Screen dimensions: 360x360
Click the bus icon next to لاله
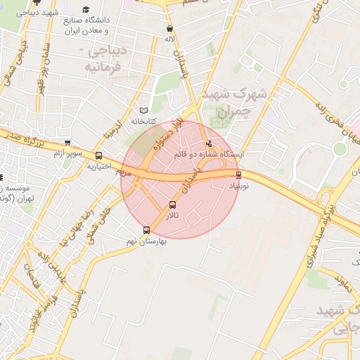[x=169, y=29]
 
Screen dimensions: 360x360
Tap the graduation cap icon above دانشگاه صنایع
[x=86, y=10]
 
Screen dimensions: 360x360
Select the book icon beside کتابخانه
[x=144, y=110]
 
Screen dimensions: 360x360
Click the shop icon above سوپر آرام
[x=67, y=143]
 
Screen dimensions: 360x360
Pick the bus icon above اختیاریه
[x=98, y=156]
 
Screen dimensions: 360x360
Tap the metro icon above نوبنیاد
[x=238, y=174]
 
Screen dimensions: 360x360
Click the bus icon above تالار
[x=173, y=205]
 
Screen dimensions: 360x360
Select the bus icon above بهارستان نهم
[x=146, y=230]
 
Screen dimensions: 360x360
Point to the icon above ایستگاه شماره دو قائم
[x=208, y=144]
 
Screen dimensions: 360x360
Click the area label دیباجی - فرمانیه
[x=103, y=60]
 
